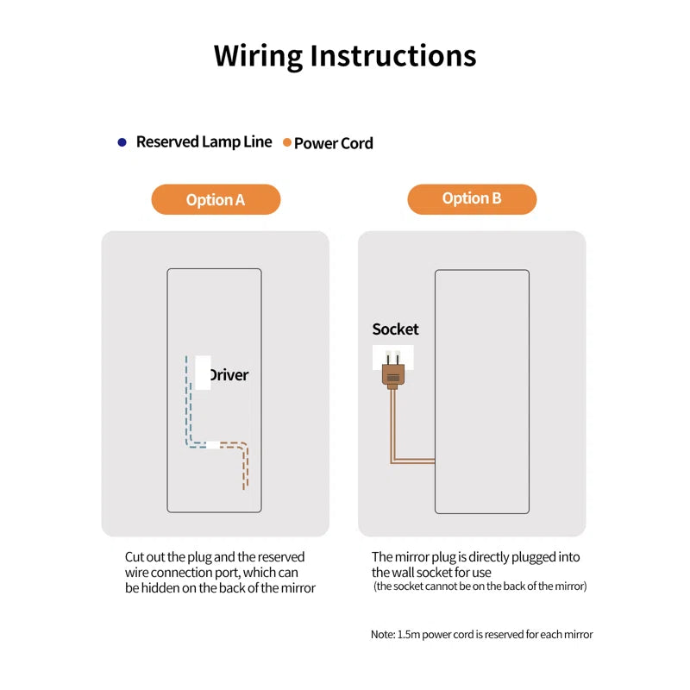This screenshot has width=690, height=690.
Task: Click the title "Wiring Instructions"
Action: click(x=345, y=55)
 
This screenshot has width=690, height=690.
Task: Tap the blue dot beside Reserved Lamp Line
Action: click(x=122, y=141)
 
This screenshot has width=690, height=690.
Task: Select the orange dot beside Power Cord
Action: click(x=286, y=142)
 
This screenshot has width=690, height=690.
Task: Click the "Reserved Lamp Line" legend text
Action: click(x=204, y=141)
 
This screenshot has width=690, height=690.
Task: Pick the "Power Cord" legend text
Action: click(x=334, y=143)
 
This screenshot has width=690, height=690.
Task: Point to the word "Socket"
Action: click(x=395, y=329)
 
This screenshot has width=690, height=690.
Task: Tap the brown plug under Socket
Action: click(x=392, y=373)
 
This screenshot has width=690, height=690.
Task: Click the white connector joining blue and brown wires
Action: click(x=212, y=445)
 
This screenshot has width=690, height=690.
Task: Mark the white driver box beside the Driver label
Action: click(x=203, y=372)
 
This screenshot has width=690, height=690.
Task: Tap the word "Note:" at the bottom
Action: click(x=383, y=634)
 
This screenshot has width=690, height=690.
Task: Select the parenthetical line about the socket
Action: click(x=480, y=586)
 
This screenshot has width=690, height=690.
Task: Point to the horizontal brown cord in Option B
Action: click(x=413, y=461)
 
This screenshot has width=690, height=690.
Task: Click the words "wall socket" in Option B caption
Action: click(x=415, y=572)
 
